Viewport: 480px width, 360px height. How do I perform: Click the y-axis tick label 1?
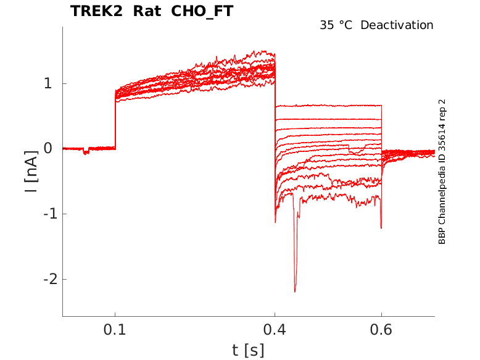pyautogui.click(x=47, y=83)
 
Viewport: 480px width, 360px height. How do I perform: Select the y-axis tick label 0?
pyautogui.click(x=47, y=149)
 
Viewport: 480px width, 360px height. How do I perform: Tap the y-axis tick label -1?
pyautogui.click(x=44, y=214)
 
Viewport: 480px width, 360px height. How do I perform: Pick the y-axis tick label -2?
pyautogui.click(x=44, y=279)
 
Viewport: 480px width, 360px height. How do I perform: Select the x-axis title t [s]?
pyautogui.click(x=248, y=350)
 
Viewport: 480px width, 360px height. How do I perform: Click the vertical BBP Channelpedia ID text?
pyautogui.click(x=442, y=172)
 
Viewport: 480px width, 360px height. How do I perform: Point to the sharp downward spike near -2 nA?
pyautogui.click(x=295, y=290)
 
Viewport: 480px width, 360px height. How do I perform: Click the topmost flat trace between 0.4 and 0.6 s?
pyautogui.click(x=327, y=106)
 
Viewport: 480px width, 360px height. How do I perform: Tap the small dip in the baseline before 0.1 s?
pyautogui.click(x=86, y=152)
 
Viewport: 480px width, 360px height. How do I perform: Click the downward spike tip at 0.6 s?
pyautogui.click(x=381, y=228)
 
